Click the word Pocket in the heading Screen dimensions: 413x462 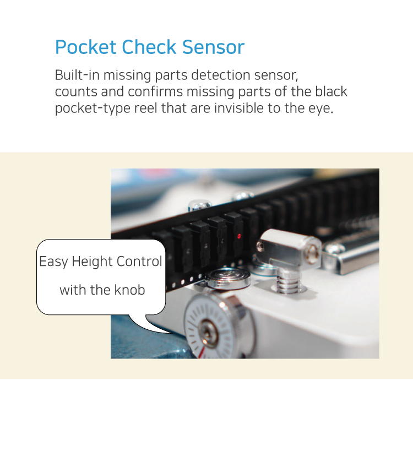click(86, 47)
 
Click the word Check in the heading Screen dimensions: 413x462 click(149, 47)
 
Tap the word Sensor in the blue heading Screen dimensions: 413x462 click(213, 47)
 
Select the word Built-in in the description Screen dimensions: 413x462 click(77, 75)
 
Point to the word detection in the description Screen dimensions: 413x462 click(221, 75)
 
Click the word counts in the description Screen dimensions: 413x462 click(76, 91)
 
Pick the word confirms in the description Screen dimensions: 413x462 click(155, 91)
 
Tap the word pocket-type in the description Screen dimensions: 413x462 click(93, 108)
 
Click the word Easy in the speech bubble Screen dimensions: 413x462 click(53, 262)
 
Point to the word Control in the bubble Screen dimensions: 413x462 click(139, 262)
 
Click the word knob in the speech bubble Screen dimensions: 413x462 click(129, 290)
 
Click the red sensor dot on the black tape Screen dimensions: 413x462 click(239, 236)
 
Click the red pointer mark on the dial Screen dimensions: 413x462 click(202, 352)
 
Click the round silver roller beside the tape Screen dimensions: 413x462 click(227, 279)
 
